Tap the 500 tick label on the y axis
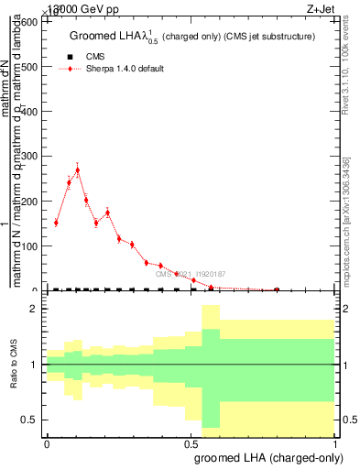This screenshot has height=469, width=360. click(x=30, y=67)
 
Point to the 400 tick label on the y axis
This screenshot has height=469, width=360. click(x=30, y=112)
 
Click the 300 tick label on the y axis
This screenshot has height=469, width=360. click(x=30, y=157)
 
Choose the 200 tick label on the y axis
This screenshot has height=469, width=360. click(x=30, y=202)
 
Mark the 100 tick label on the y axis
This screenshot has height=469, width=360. click(x=30, y=246)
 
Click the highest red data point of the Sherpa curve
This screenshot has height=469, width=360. click(x=78, y=170)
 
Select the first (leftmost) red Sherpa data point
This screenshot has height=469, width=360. click(x=56, y=223)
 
